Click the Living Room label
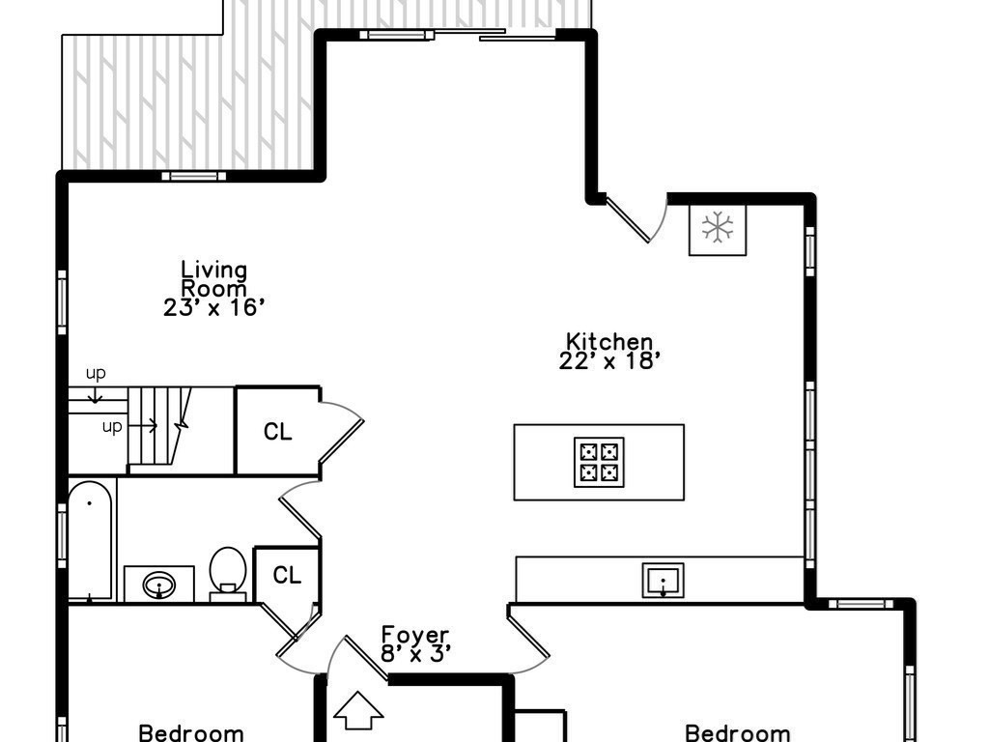click(214, 278)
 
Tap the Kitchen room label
click(609, 341)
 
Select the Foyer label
click(415, 635)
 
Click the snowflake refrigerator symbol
click(717, 228)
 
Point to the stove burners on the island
click(599, 462)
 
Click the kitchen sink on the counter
click(664, 580)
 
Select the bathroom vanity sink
click(158, 585)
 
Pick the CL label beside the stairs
click(278, 432)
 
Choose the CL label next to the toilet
click(287, 576)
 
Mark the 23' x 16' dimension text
click(214, 308)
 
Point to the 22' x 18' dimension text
click(609, 361)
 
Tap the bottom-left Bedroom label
click(191, 732)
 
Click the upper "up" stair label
click(96, 373)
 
